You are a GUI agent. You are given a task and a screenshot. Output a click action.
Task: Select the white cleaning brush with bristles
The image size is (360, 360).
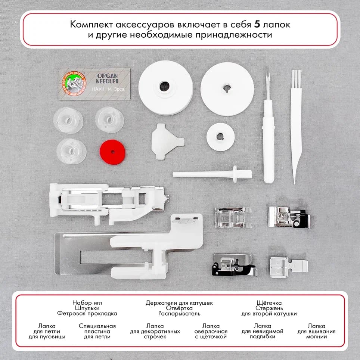[x=296, y=123]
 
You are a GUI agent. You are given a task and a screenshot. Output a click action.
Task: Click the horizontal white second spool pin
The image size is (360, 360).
[x=212, y=174]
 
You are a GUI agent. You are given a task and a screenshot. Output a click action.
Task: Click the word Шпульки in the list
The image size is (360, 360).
[x=87, y=308]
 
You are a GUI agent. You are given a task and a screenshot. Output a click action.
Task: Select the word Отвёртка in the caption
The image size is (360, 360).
[x=179, y=308]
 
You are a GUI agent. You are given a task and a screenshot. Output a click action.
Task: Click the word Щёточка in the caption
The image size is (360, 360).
[x=269, y=302]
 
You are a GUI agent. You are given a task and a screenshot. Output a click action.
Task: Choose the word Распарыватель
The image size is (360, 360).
[x=179, y=314]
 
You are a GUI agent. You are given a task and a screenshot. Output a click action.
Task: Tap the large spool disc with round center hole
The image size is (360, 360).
[x=165, y=88]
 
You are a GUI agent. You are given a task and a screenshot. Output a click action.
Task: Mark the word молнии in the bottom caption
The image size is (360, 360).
[x=316, y=336]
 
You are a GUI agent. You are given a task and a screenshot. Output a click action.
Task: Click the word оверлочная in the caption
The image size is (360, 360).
[x=211, y=331]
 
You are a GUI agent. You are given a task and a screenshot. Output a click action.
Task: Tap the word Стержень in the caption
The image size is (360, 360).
[x=269, y=308]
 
